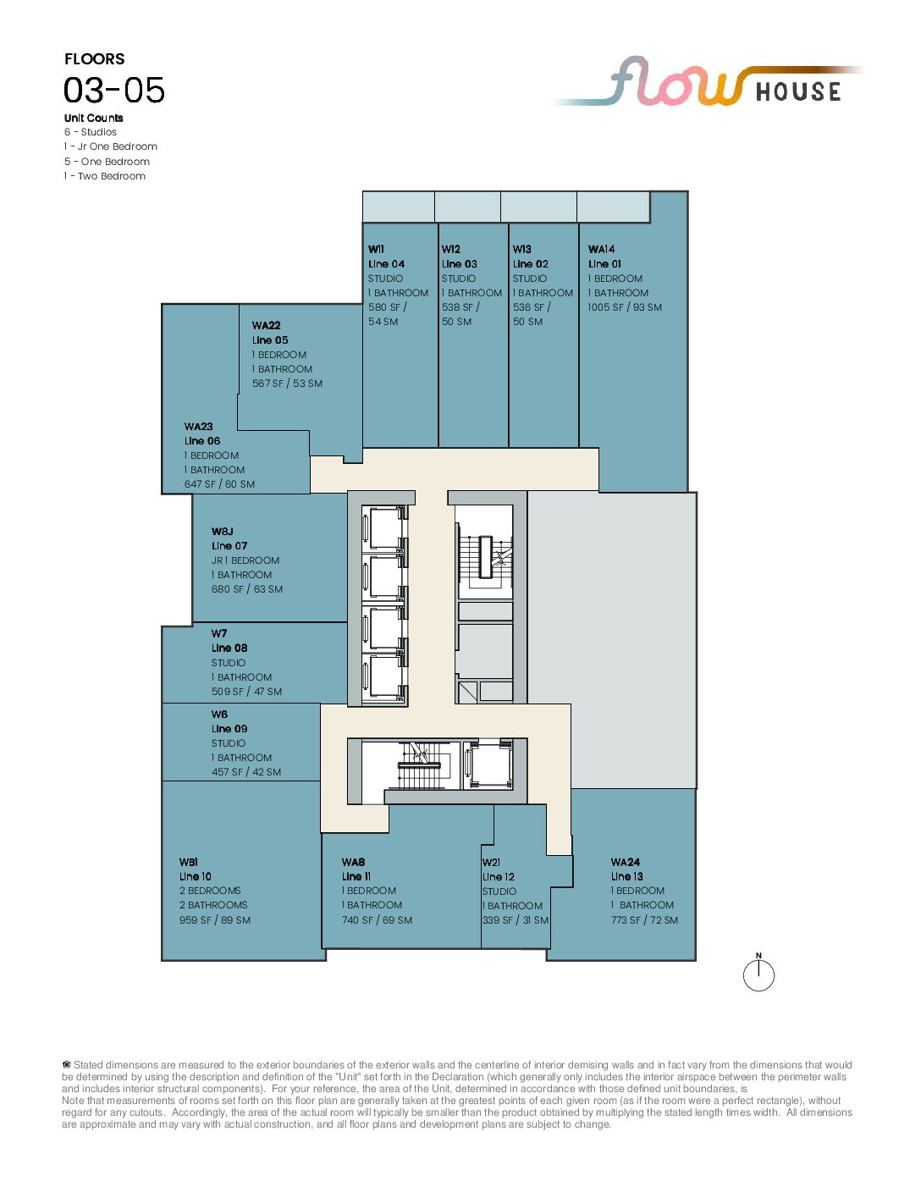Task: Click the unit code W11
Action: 376,250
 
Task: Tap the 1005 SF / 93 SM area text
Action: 624,307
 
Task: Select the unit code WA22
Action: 266,325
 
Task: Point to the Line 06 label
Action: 201,441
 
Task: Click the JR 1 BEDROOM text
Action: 245,560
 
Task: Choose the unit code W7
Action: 219,633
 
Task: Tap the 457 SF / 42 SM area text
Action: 246,772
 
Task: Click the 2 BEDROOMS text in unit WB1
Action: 210,891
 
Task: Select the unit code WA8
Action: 353,863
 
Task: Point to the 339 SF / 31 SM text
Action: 515,920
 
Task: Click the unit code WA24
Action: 626,863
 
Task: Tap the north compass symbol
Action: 758,974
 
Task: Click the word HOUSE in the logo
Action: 798,91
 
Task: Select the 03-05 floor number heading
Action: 114,90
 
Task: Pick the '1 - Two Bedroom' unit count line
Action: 104,176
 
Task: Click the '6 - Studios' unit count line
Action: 90,132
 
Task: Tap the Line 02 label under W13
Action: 531,264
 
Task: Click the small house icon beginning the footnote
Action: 67,1065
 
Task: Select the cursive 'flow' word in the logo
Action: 677,82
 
